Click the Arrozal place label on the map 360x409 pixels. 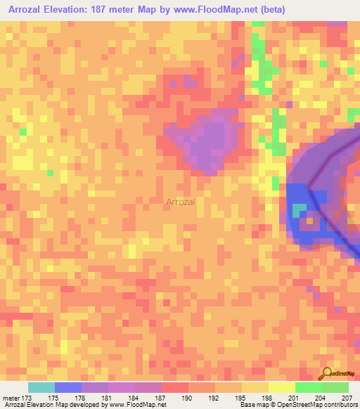tap(181, 202)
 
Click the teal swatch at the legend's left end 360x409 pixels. tap(41, 387)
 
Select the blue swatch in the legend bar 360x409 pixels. tap(68, 387)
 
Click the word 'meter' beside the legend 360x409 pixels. tap(11, 397)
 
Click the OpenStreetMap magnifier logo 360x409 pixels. tap(327, 373)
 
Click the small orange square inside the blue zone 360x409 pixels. tap(309, 221)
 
